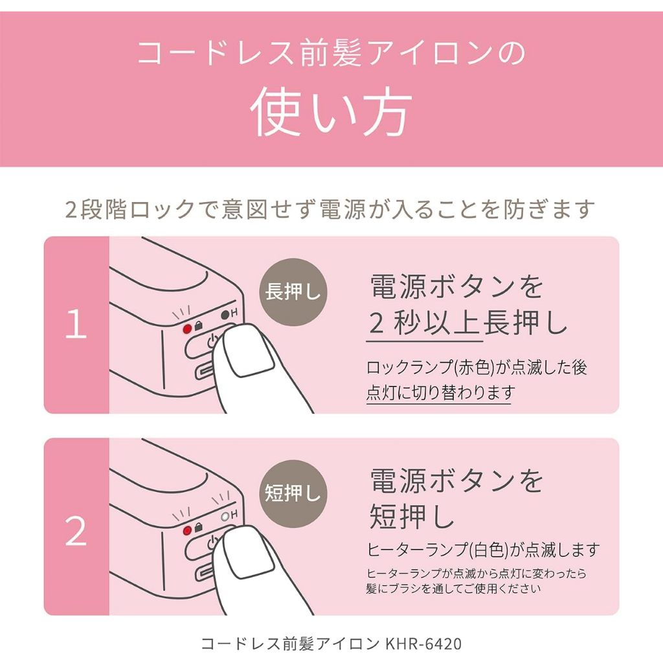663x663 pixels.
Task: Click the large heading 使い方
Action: [x=331, y=111]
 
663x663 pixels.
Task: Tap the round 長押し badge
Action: [x=293, y=292]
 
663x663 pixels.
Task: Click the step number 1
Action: [x=76, y=324]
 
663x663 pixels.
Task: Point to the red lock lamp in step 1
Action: [x=187, y=329]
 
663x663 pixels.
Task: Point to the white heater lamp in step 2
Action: [x=225, y=516]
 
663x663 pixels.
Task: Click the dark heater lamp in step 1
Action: [x=225, y=315]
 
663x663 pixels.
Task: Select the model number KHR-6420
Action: [x=423, y=644]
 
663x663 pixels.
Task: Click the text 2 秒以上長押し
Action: [x=467, y=324]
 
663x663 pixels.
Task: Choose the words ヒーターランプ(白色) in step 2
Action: [x=438, y=550]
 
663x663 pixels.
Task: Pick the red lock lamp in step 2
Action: [x=187, y=531]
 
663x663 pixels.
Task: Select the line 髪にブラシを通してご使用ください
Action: [x=453, y=588]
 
